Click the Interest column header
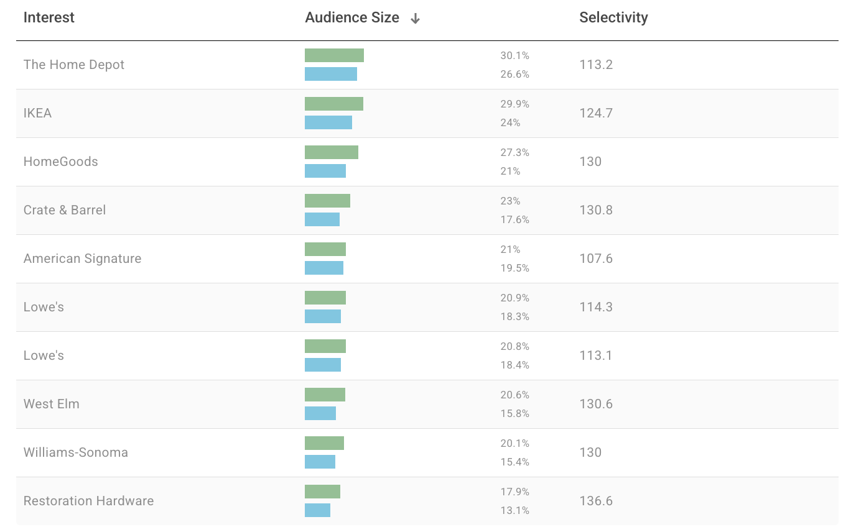(x=49, y=17)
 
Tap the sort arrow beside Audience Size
(x=415, y=19)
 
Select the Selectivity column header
(x=613, y=17)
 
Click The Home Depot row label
(x=73, y=65)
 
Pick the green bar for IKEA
(x=333, y=104)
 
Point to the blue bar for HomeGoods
(x=325, y=171)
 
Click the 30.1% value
(x=514, y=55)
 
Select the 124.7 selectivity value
(x=595, y=113)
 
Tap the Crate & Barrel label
(x=64, y=210)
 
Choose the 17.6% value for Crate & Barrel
(x=514, y=219)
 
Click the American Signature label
(x=82, y=259)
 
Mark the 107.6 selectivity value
(x=595, y=259)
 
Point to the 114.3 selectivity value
(x=595, y=307)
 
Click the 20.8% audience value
(x=514, y=346)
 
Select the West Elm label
(x=51, y=404)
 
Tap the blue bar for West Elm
(x=320, y=413)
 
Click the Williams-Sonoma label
(x=75, y=452)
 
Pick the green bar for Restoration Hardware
(x=322, y=492)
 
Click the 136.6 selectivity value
(x=595, y=501)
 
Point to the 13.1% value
(x=514, y=510)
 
